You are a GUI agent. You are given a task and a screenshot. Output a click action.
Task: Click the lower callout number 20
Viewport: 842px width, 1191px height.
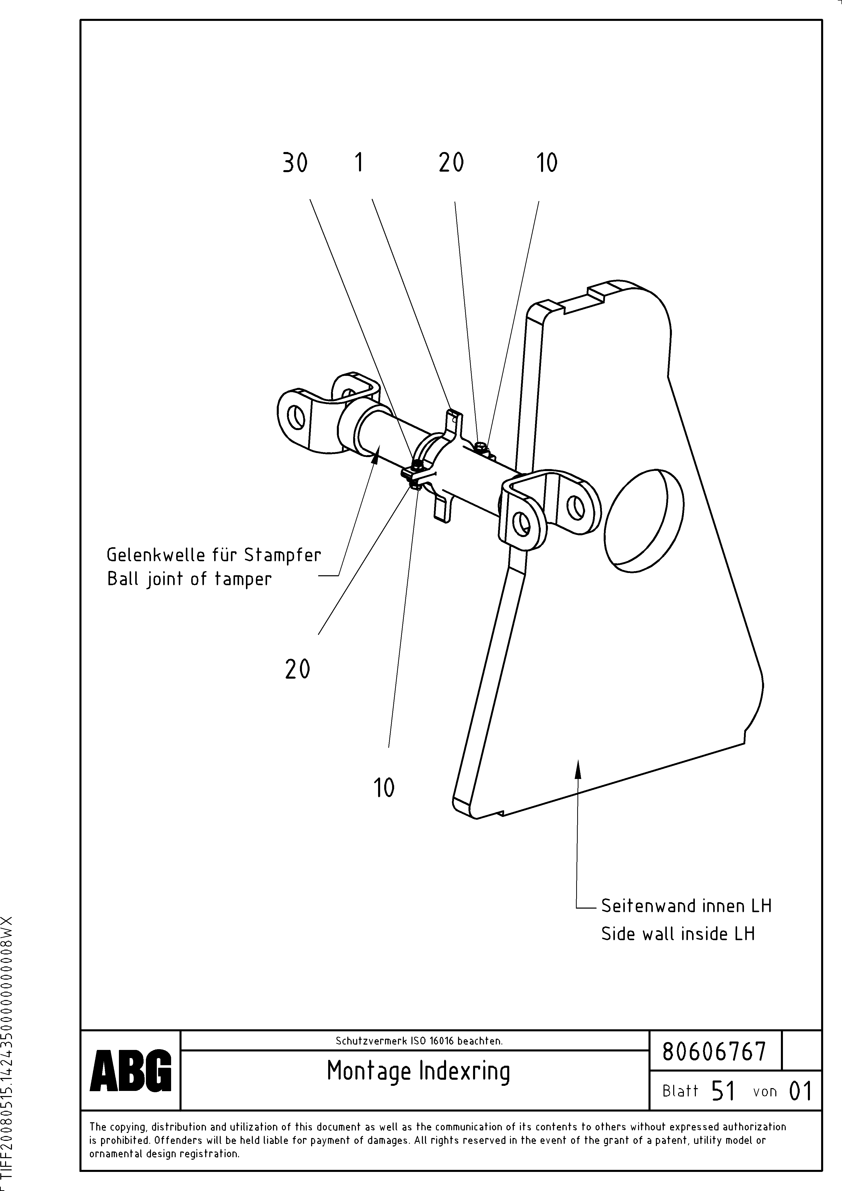click(x=297, y=669)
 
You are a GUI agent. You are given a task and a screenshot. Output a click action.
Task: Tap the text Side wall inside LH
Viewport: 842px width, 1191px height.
click(x=678, y=934)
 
